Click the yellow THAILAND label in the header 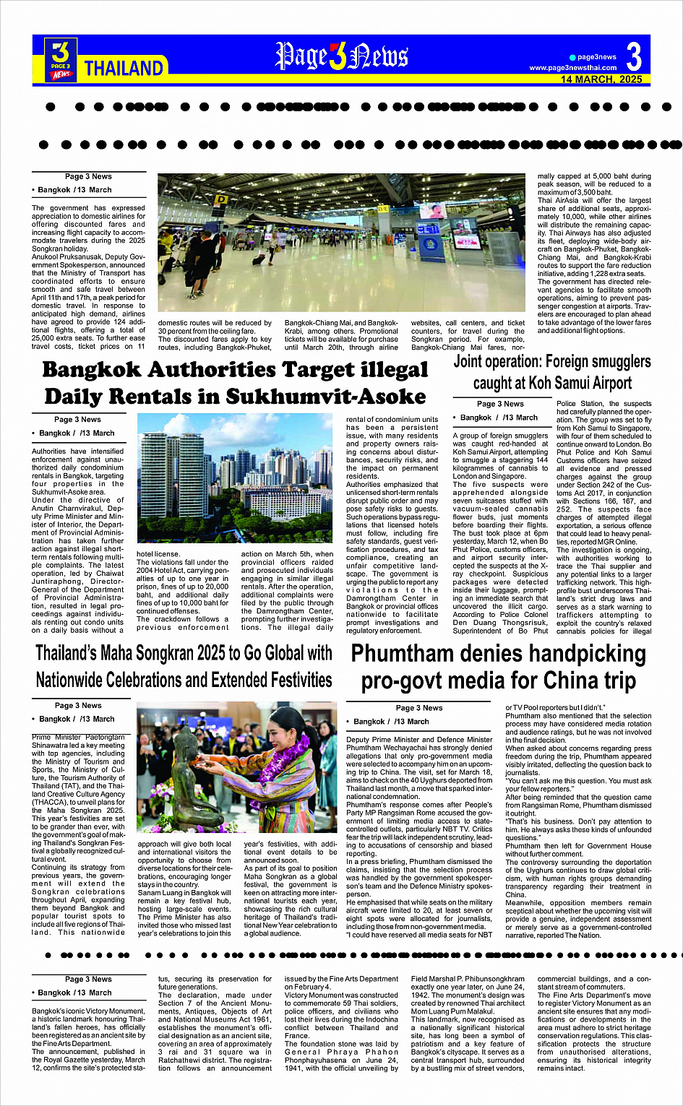(x=124, y=68)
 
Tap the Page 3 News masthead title (x=342, y=56)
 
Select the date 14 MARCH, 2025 (x=601, y=79)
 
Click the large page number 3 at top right (x=634, y=56)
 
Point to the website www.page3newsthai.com (x=572, y=68)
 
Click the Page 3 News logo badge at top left (x=61, y=59)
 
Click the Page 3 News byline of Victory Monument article (x=88, y=979)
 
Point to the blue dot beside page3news (x=572, y=57)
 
